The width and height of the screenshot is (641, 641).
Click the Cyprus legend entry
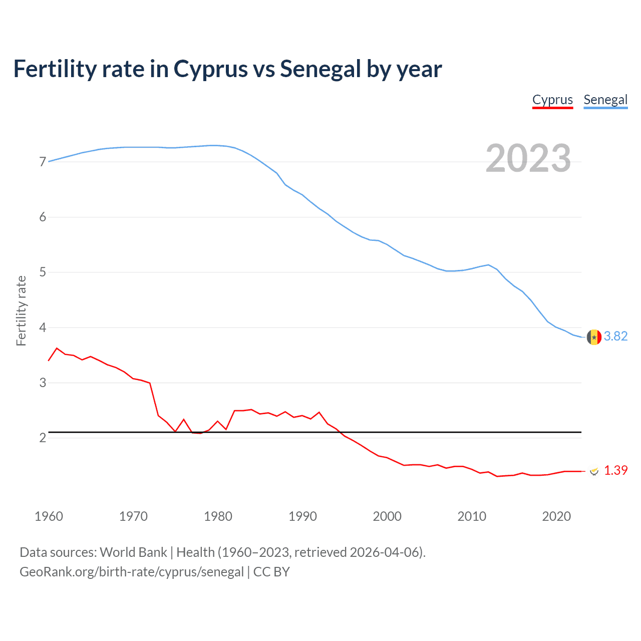click(x=552, y=100)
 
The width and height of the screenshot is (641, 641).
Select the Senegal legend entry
click(x=605, y=100)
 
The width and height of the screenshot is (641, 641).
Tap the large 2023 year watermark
click(x=528, y=158)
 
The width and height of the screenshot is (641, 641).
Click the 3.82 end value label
click(x=615, y=336)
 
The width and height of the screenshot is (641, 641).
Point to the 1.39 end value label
click(x=615, y=470)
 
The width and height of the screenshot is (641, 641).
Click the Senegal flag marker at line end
click(x=594, y=337)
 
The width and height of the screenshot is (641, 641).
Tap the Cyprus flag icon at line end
click(x=594, y=471)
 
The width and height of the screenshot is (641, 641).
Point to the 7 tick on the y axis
click(x=43, y=162)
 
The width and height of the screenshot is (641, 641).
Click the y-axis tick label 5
click(x=43, y=272)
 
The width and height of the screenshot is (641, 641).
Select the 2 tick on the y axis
click(x=43, y=438)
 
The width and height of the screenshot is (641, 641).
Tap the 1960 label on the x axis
click(x=49, y=516)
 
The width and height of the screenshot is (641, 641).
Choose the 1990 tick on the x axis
click(x=302, y=516)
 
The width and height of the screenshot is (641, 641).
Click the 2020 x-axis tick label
click(x=556, y=516)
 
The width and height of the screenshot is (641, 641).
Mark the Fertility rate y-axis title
click(x=21, y=310)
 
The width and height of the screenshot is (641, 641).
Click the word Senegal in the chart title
click(x=320, y=69)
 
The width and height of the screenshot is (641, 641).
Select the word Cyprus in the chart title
click(x=211, y=69)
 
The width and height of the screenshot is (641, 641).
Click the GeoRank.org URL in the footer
click(x=132, y=571)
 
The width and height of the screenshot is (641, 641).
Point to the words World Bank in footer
click(x=133, y=552)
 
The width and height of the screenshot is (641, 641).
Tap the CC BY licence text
click(x=271, y=571)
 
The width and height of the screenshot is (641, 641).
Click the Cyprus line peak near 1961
click(x=57, y=348)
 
